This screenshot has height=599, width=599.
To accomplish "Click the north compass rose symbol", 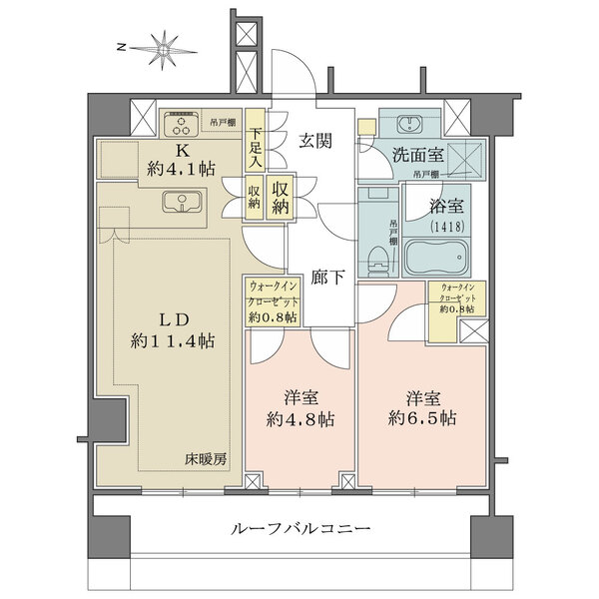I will click(x=162, y=47).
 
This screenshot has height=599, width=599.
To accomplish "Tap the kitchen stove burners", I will click(x=183, y=124).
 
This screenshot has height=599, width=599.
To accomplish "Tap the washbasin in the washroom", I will click(x=409, y=125).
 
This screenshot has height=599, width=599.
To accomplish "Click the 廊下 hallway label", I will click(x=325, y=278).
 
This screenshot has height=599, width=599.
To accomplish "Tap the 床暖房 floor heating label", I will click(x=206, y=459).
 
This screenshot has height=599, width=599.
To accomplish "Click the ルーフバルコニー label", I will click(x=299, y=528).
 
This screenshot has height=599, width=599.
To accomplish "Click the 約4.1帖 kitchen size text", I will click(x=182, y=170).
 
